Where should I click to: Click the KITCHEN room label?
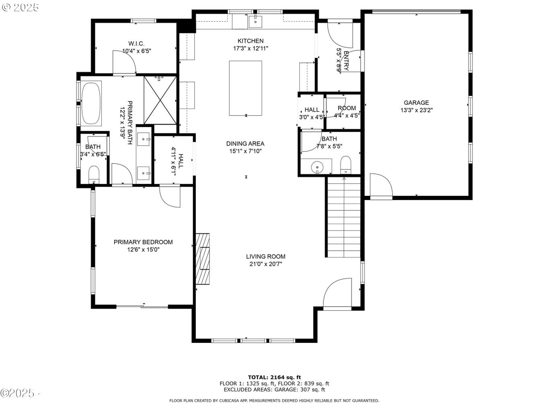[x=250, y=41]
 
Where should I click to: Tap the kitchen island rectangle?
[x=245, y=88]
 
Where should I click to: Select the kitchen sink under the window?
[x=255, y=21]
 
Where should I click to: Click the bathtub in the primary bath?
[x=91, y=103]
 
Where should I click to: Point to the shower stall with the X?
[x=160, y=100]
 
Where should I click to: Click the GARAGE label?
[x=416, y=103]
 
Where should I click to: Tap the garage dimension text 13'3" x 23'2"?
[x=416, y=110]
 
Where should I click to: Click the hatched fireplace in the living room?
[x=202, y=259]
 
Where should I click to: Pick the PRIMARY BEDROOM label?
[x=143, y=242]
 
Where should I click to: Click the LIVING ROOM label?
[x=265, y=256]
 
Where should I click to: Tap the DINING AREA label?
[x=245, y=144]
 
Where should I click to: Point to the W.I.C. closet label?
[x=136, y=43]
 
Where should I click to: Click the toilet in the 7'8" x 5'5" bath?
[x=345, y=165]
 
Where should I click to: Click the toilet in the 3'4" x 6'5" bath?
[x=94, y=175]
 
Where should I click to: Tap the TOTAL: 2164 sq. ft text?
[x=274, y=377]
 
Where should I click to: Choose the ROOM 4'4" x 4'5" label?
[x=347, y=111]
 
